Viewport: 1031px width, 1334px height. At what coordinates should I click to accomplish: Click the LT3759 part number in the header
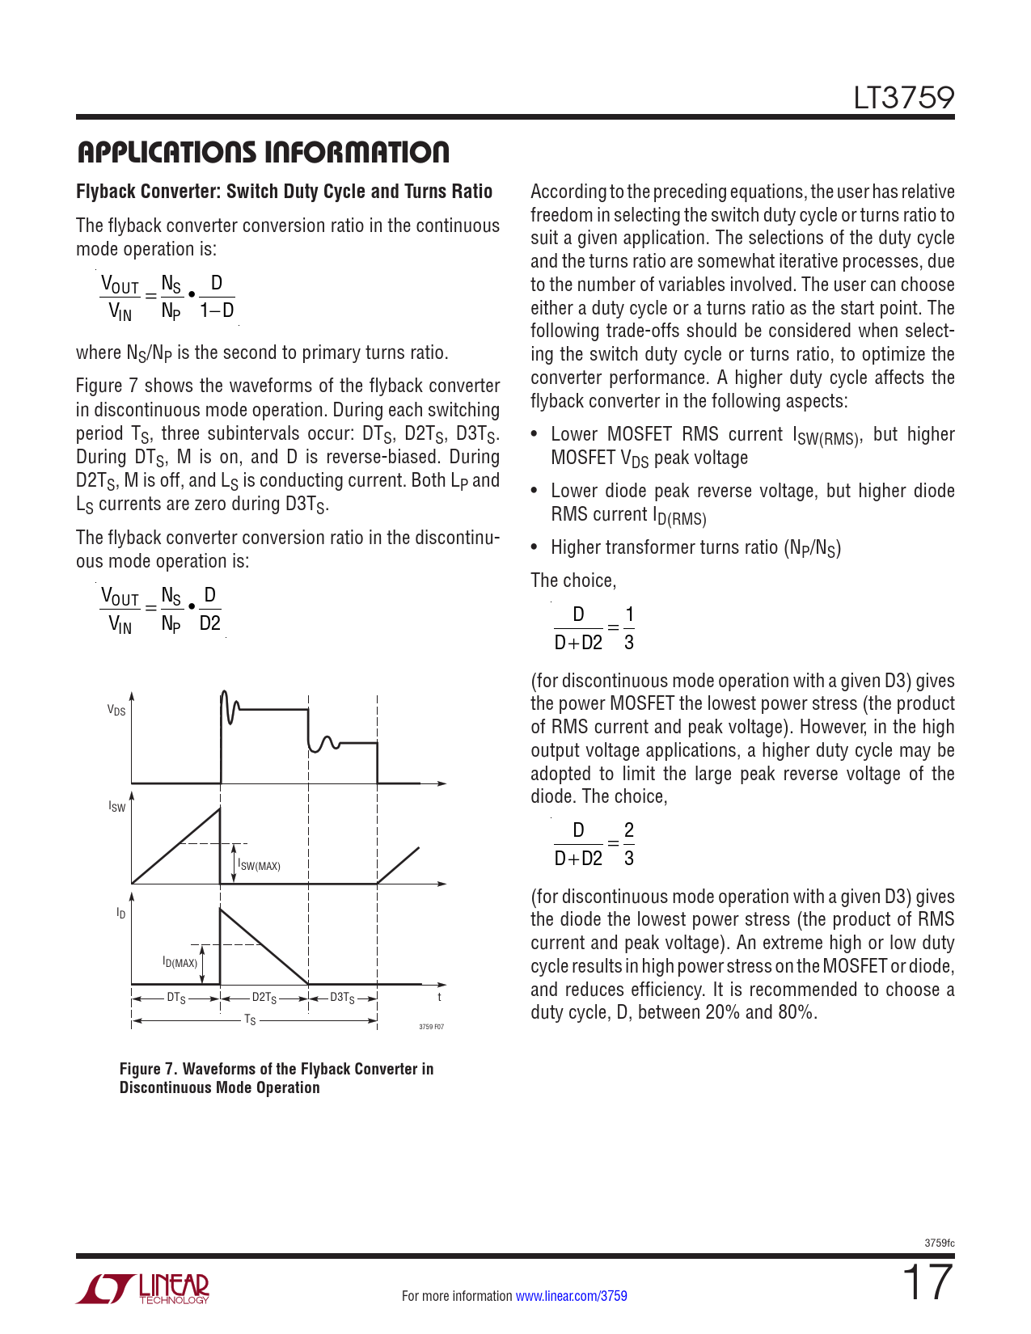903,98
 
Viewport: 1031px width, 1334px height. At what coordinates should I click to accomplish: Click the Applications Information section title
263,152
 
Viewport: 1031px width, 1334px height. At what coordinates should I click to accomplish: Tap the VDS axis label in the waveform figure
116,711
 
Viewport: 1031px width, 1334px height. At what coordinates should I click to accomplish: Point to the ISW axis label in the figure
117,807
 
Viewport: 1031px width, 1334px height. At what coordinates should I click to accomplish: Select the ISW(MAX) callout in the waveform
260,866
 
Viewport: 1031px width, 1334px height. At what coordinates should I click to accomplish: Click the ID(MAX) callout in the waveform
180,962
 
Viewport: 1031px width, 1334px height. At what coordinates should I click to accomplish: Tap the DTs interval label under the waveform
176,998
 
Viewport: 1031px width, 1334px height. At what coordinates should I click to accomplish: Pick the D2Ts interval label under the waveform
264,998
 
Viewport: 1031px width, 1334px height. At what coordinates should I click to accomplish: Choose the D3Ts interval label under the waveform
342,998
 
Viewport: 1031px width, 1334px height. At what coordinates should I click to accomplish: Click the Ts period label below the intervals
250,1020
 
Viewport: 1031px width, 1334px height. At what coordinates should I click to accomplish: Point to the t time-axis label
440,998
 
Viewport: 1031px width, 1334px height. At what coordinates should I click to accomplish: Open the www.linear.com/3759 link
571,1296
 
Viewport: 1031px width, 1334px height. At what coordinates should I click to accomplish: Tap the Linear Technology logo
143,1289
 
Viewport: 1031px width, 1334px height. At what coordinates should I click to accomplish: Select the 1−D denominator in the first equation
217,310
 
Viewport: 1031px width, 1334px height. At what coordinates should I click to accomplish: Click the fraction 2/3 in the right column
629,844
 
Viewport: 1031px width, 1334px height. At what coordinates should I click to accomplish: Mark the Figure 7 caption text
277,1078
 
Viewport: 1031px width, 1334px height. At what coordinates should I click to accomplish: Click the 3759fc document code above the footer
939,1243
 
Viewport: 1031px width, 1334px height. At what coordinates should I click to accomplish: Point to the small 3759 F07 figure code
431,1027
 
